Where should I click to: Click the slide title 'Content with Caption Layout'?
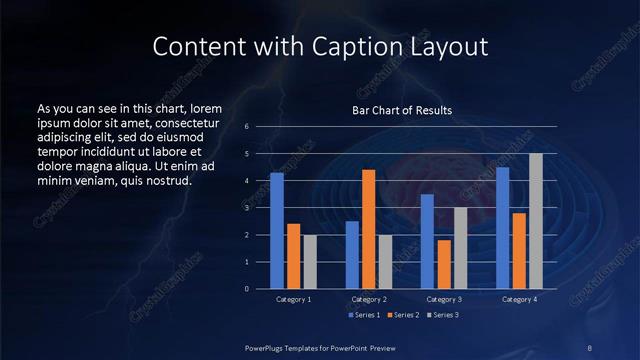pos(319,46)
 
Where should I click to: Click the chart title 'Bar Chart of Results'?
pos(402,110)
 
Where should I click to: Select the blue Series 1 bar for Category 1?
pos(277,230)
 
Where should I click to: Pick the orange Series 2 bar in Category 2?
pos(368,229)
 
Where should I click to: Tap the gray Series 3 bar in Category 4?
pos(536,221)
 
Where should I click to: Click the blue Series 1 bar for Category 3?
pos(427,241)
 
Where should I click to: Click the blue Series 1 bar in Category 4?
pos(502,228)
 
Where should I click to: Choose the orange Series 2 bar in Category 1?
pos(293,256)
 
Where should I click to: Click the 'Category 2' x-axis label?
pos(368,299)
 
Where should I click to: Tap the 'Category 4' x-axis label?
pos(519,299)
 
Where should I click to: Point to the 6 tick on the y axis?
pos(246,127)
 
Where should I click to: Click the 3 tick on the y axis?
pos(246,208)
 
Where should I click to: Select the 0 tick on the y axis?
pos(246,289)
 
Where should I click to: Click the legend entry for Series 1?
pos(364,315)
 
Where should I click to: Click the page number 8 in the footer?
pos(589,347)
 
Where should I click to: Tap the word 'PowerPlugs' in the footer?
pos(268,347)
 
